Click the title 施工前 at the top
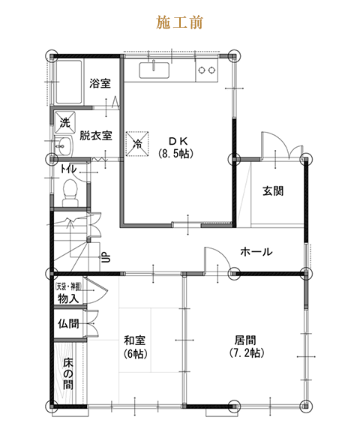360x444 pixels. coord(180,22)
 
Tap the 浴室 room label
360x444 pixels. coord(100,83)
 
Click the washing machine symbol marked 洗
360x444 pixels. coord(63,121)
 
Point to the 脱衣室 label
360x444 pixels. coord(96,136)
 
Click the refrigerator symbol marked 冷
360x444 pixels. coord(137,141)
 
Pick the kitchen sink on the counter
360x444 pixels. coord(155,71)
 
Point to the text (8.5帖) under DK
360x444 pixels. coord(176,154)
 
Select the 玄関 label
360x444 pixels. coord(272,190)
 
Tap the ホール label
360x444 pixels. coord(256,251)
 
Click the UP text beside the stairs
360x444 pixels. coord(105,258)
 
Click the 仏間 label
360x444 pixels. coord(67,324)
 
